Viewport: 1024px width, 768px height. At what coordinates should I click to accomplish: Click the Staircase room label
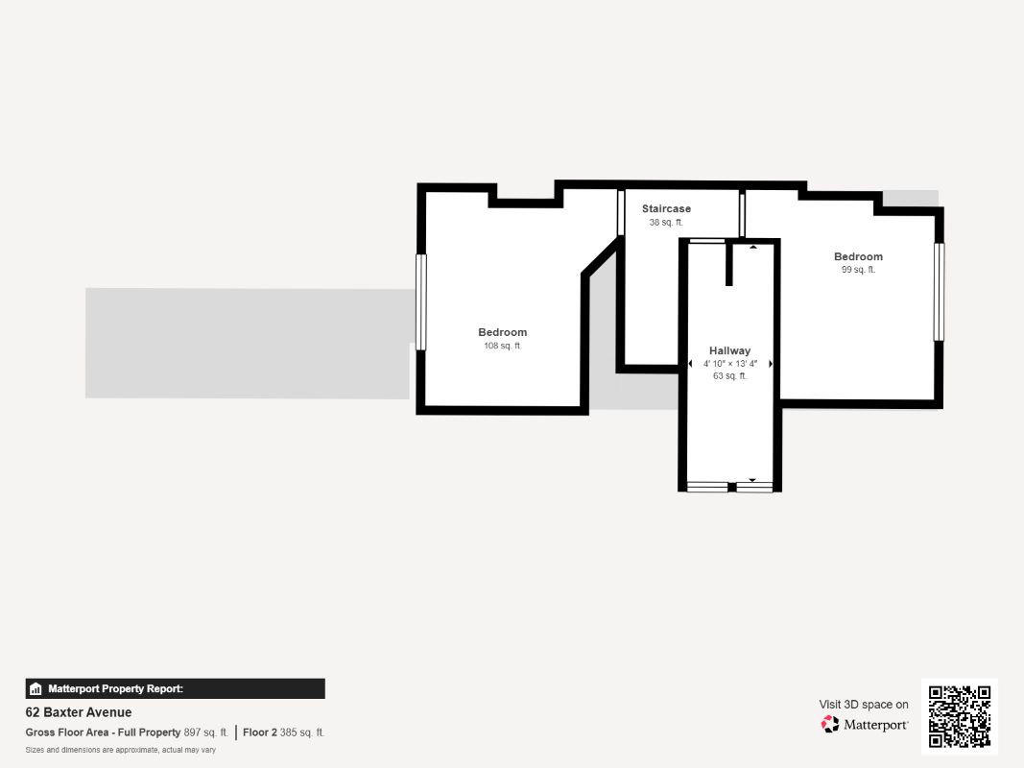tap(666, 208)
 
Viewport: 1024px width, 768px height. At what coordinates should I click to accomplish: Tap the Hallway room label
tap(729, 350)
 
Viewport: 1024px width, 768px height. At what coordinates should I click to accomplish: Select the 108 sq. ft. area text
tap(502, 346)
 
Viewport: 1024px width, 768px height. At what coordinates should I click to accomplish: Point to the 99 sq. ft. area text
tap(858, 270)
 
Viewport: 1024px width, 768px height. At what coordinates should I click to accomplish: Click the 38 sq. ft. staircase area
tap(666, 222)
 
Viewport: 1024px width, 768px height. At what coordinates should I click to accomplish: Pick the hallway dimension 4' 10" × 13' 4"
tap(729, 364)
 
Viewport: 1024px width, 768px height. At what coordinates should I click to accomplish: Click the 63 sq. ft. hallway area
tap(729, 376)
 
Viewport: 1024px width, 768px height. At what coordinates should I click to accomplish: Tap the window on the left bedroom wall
tap(420, 301)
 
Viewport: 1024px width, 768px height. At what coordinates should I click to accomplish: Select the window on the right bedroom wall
tap(940, 292)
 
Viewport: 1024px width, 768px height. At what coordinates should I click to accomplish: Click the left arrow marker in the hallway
tap(690, 364)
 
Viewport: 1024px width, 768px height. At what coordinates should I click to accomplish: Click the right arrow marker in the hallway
tap(770, 364)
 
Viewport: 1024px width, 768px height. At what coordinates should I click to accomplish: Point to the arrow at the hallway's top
tap(752, 248)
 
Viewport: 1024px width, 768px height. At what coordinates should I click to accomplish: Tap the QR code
tap(959, 716)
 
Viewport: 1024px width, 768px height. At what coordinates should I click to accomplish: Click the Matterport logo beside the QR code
tap(865, 725)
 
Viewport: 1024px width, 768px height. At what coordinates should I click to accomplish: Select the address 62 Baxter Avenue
tap(79, 712)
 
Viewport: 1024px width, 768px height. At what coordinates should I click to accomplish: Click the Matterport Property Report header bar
tap(175, 688)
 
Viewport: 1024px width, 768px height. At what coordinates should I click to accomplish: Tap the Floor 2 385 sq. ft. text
tap(284, 732)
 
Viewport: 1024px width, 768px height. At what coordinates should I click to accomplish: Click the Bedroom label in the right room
tap(858, 256)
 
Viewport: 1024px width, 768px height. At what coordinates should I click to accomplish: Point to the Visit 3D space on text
tap(864, 705)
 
